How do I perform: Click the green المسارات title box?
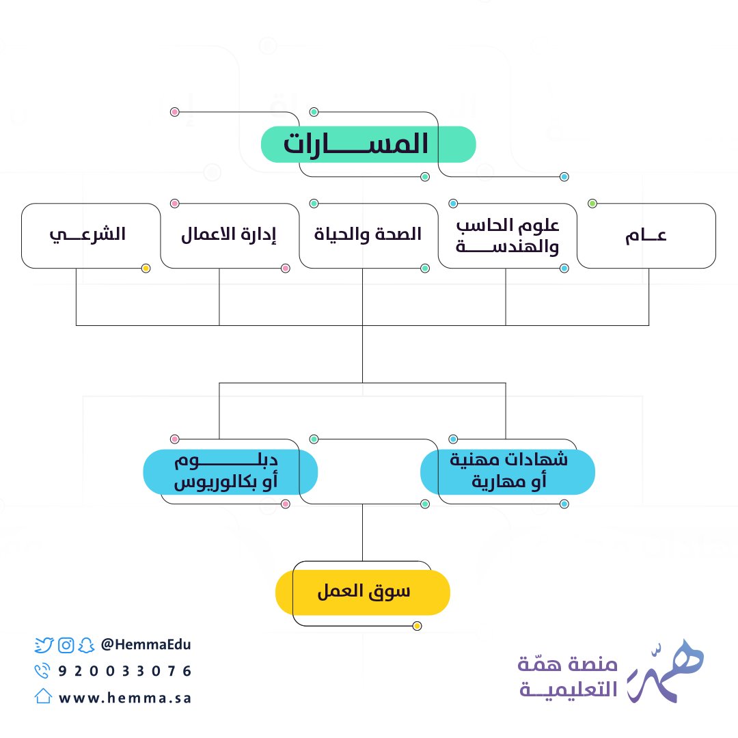pos(368,145)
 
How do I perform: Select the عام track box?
pos(646,236)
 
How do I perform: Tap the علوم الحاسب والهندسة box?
pos(507,236)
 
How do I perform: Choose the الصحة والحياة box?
pos(368,236)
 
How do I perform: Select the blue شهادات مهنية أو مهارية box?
pos(507,471)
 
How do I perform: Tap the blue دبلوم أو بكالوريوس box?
pos(230,471)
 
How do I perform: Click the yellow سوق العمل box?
pos(362,592)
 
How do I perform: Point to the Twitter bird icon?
pos(44,644)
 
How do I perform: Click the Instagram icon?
pos(66,644)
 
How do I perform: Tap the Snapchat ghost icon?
pos(85,644)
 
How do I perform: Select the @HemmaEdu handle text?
pos(146,644)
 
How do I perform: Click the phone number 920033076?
pos(126,671)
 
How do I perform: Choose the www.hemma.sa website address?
pos(125,698)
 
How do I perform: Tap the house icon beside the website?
pos(43,696)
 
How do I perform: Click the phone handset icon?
pos(43,671)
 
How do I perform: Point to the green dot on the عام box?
pos(592,204)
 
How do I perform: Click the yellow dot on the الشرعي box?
pos(146,269)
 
